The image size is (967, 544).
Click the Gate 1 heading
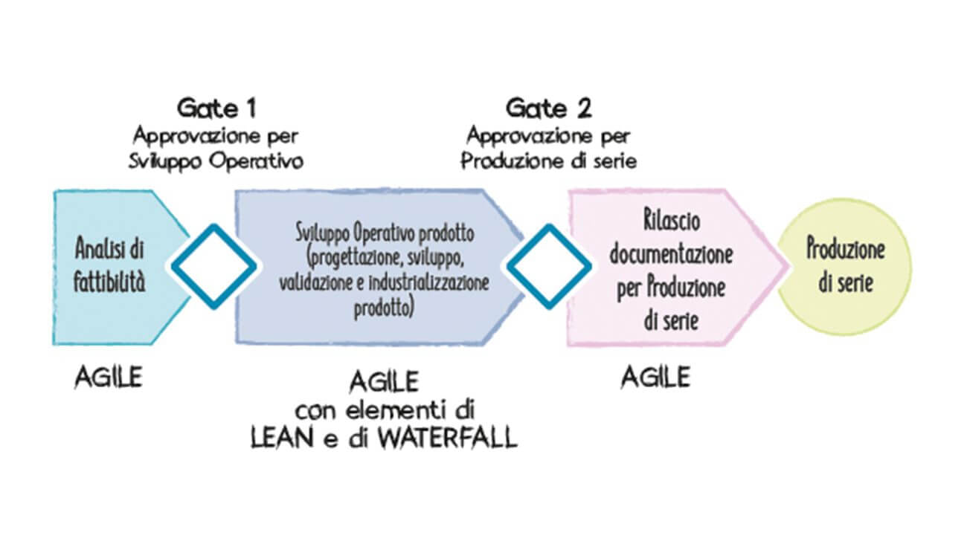[216, 109]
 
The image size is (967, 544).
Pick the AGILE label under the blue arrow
[108, 378]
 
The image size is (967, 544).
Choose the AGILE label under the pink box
[655, 378]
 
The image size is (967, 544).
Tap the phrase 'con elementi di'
[385, 409]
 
